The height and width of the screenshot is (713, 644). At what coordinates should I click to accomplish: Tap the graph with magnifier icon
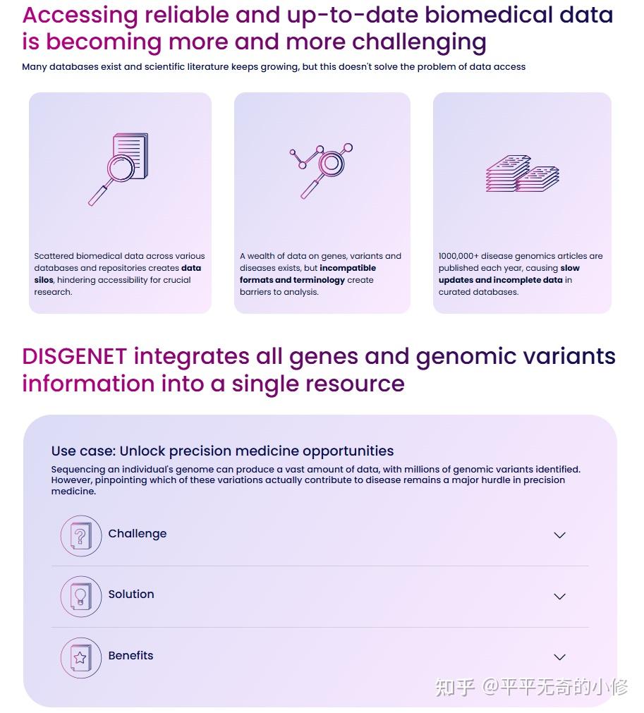(x=321, y=170)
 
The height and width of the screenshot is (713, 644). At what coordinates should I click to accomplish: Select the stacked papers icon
(x=522, y=173)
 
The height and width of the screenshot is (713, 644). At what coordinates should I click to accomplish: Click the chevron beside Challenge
(x=559, y=535)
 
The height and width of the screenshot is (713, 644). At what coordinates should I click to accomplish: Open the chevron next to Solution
(x=559, y=596)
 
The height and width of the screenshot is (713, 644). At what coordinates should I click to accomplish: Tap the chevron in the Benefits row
(x=559, y=657)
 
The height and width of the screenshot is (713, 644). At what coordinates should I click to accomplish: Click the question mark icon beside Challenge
(x=80, y=536)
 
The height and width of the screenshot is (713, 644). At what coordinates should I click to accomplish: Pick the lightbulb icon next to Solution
(x=80, y=597)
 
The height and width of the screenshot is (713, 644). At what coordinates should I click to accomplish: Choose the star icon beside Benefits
(x=80, y=658)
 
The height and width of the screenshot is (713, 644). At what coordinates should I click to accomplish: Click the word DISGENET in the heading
(x=74, y=356)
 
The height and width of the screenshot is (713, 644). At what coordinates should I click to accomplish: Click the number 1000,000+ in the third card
(x=458, y=256)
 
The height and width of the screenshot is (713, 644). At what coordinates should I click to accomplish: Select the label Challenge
(x=138, y=533)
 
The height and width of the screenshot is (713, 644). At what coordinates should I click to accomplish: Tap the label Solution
(x=131, y=594)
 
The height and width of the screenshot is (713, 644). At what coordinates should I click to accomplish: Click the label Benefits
(x=130, y=655)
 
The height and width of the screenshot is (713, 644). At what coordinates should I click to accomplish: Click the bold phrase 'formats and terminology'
(x=292, y=280)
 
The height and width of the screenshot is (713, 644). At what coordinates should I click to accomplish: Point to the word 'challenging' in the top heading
(x=419, y=42)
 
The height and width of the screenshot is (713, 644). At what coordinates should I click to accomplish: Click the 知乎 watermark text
(x=454, y=686)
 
